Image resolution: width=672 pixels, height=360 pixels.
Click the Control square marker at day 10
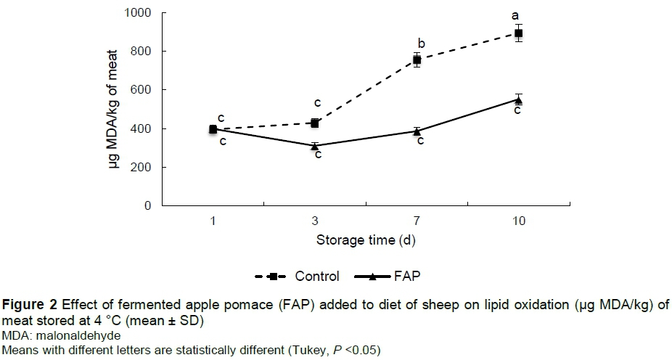[518, 33]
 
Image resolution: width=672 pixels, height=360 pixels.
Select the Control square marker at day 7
[417, 60]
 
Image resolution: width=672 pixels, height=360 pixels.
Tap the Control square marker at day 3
[315, 123]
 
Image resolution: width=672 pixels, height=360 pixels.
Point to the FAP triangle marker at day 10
[518, 99]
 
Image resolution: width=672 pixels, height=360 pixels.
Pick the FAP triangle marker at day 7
[417, 131]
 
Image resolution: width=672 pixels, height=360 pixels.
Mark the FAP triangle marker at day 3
[315, 146]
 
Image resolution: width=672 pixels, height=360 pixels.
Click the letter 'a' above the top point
[515, 15]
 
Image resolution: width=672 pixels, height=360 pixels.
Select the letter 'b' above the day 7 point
[422, 43]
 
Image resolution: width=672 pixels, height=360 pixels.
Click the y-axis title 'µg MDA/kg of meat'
[114, 109]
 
